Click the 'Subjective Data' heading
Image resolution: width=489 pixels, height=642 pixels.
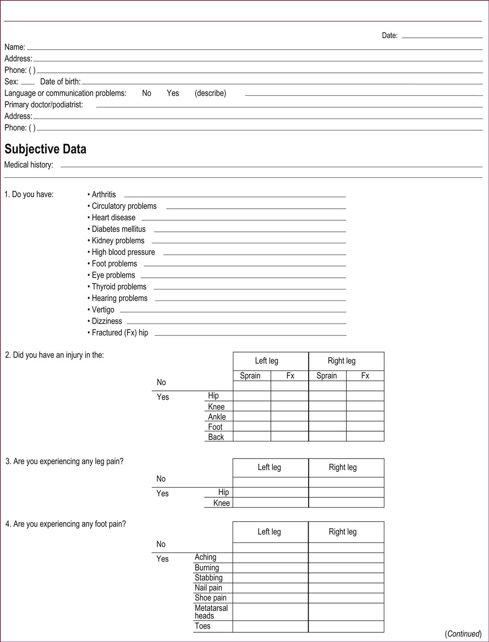click(x=45, y=149)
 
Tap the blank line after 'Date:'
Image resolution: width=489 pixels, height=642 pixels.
click(x=441, y=35)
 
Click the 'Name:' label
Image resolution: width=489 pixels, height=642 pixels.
click(x=15, y=47)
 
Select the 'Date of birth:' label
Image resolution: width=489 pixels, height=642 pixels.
click(x=60, y=82)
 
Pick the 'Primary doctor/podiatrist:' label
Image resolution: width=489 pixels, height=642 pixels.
click(x=43, y=105)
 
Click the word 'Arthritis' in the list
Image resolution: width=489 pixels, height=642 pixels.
click(x=104, y=194)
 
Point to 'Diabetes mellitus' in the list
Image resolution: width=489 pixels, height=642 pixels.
click(x=119, y=229)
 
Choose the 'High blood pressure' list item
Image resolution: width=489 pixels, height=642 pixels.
click(x=123, y=252)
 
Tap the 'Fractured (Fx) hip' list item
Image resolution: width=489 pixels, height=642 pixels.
click(x=120, y=333)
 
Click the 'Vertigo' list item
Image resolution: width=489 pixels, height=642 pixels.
click(x=103, y=310)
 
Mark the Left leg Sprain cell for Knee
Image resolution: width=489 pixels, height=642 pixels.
click(x=252, y=406)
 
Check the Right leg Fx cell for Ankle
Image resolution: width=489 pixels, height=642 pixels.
click(x=365, y=416)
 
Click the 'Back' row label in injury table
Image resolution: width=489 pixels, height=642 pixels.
click(x=216, y=437)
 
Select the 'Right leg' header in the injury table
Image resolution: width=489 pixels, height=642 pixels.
click(x=341, y=361)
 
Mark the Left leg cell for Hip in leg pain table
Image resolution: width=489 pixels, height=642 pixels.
click(x=270, y=492)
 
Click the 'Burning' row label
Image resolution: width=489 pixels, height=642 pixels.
click(x=207, y=568)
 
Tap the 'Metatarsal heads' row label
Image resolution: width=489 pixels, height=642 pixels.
click(x=211, y=612)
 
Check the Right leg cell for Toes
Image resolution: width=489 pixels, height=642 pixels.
click(x=346, y=626)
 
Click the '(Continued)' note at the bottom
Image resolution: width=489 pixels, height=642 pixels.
click(x=463, y=634)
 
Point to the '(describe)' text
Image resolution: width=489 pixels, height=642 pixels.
click(x=210, y=93)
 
